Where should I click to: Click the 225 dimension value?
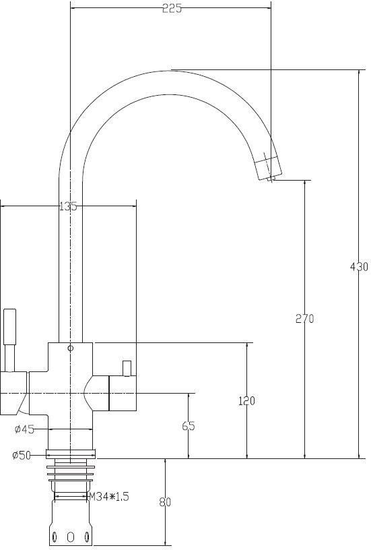(172, 9)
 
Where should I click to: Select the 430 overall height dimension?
(359, 267)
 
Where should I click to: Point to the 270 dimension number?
(305, 319)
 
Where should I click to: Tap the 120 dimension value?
(246, 400)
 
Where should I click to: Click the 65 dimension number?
(189, 426)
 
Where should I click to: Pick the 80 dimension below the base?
(165, 502)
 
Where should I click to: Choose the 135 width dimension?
(68, 206)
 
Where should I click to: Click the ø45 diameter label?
(24, 429)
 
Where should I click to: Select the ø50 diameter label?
(22, 455)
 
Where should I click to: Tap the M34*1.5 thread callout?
(109, 496)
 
